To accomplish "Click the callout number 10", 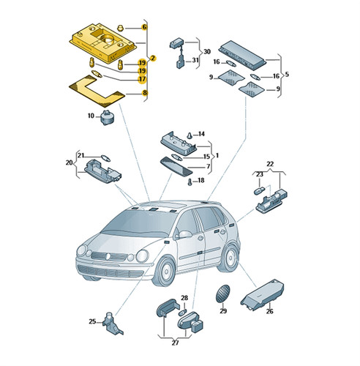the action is pyautogui.click(x=91, y=116).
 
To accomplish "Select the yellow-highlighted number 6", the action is pyautogui.click(x=144, y=27).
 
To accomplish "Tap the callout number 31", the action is pyautogui.click(x=195, y=60).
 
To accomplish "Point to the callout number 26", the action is pyautogui.click(x=269, y=311).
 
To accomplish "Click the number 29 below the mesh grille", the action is pyautogui.click(x=223, y=311).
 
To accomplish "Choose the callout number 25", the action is pyautogui.click(x=92, y=321).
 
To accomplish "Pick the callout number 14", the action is pyautogui.click(x=201, y=134).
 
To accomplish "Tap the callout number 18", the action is pyautogui.click(x=200, y=180).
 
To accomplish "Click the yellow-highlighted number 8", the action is pyautogui.click(x=145, y=93).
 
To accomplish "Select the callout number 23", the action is pyautogui.click(x=260, y=174).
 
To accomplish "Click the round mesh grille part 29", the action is pyautogui.click(x=222, y=294).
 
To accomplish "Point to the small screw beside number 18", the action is pyautogui.click(x=190, y=182).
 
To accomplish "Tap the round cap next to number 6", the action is pyautogui.click(x=121, y=28).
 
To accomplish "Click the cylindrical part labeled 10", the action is pyautogui.click(x=108, y=117).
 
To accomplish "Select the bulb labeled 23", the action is pyautogui.click(x=259, y=190).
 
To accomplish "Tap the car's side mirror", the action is pyautogui.click(x=184, y=234).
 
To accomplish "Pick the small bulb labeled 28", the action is pyautogui.click(x=183, y=312).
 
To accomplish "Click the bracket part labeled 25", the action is pyautogui.click(x=112, y=324).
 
